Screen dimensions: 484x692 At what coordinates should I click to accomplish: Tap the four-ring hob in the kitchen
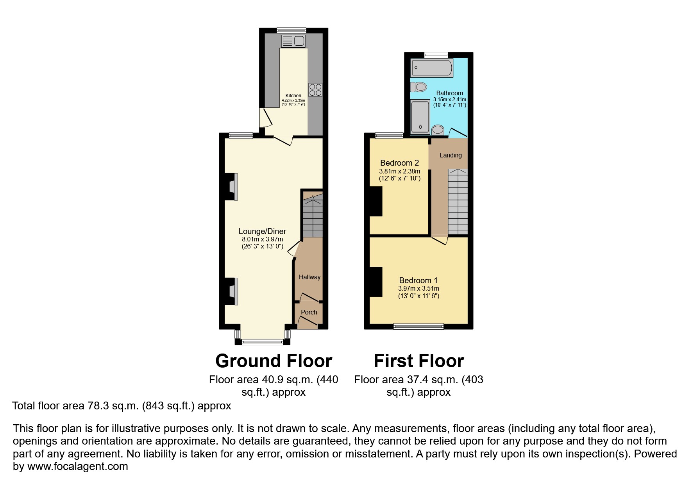315,90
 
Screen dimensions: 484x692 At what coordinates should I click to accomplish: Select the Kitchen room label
293,96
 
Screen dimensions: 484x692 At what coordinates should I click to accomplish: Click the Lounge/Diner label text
262,231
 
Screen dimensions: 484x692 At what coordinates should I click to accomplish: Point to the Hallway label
309,277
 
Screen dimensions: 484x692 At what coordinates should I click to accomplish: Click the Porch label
309,312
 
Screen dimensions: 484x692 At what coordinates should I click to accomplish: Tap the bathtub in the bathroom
431,68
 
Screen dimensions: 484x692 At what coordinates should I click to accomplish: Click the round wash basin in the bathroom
438,129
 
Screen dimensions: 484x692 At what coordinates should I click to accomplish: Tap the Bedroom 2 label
399,163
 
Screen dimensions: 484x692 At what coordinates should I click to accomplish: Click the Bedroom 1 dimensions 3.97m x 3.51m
418,289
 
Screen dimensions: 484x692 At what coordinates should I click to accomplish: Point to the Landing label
451,155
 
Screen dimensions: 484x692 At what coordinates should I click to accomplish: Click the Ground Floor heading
274,361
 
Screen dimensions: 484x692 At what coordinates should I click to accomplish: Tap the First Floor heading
418,361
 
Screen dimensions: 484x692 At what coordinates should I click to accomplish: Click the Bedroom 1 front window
418,326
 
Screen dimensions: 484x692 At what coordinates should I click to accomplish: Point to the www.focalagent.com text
77,466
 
